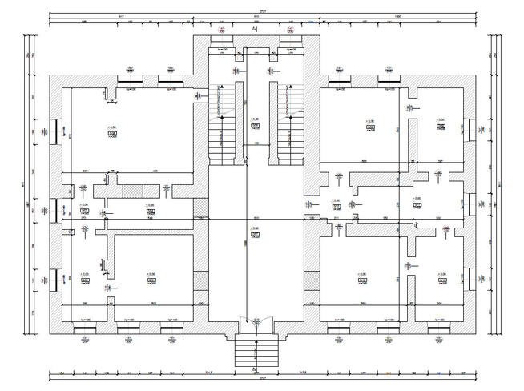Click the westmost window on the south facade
[84, 329]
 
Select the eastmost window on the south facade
[439, 329]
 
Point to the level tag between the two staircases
[254, 126]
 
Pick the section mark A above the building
[255, 28]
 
